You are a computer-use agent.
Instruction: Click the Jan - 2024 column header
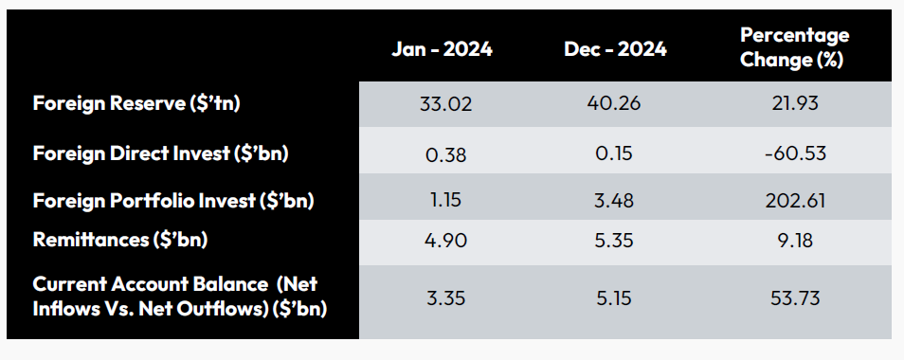(x=442, y=49)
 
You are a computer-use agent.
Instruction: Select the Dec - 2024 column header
(x=617, y=49)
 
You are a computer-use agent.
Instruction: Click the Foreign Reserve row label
(x=136, y=103)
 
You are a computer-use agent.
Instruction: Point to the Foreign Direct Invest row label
(x=160, y=153)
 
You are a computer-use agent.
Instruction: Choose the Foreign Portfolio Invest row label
(x=173, y=201)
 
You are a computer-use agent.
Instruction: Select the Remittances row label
(x=120, y=241)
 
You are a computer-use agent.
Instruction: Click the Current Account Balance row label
(x=180, y=296)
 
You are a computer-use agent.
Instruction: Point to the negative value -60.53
(x=795, y=153)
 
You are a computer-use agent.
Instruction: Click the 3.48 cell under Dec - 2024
(x=614, y=202)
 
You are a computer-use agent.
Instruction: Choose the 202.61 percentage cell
(x=795, y=202)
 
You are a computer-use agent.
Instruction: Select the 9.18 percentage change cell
(x=795, y=242)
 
